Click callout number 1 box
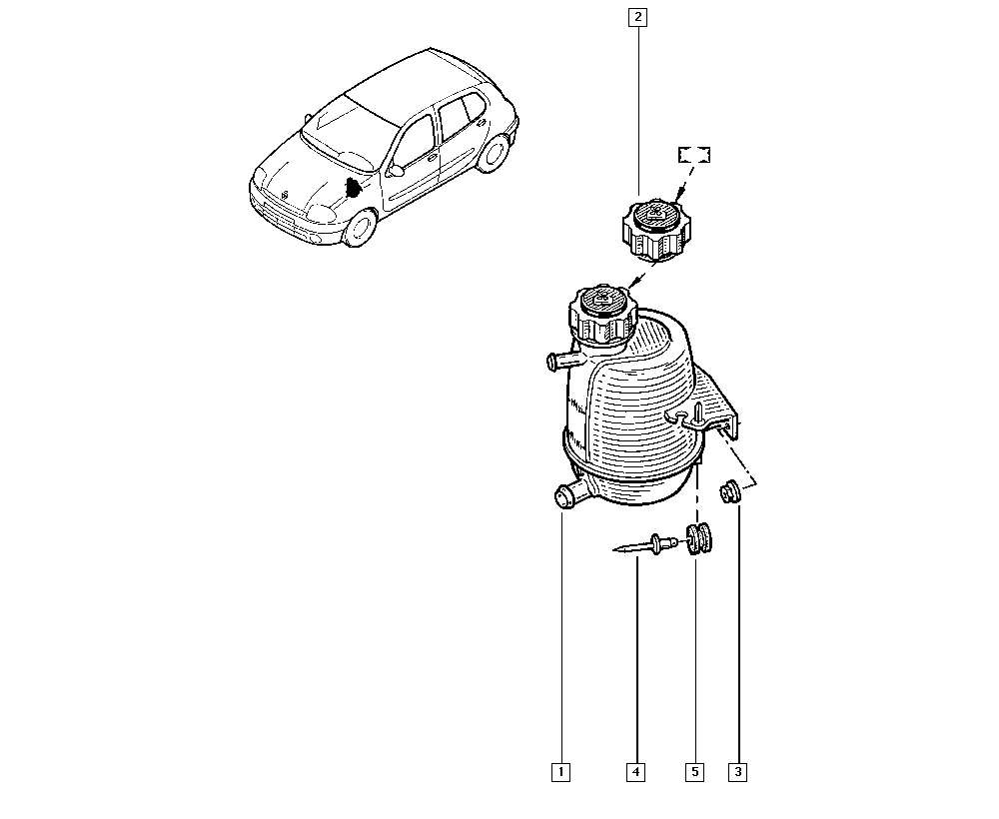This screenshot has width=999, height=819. click(560, 772)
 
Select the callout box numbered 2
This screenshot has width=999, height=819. click(637, 17)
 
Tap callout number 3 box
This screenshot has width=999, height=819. click(738, 772)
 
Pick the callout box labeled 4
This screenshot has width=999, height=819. click(635, 772)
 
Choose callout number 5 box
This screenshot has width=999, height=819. click(695, 772)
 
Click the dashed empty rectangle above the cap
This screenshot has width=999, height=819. click(694, 155)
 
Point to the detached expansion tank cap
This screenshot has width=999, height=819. click(654, 230)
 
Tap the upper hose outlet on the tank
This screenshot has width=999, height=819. click(561, 362)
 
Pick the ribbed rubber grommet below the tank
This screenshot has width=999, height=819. click(699, 538)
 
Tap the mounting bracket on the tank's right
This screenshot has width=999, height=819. click(716, 408)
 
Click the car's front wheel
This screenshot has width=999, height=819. click(360, 229)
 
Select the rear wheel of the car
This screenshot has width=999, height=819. click(495, 153)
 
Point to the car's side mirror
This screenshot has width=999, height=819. click(395, 170)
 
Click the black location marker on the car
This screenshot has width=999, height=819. click(351, 187)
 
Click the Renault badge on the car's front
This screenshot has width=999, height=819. click(284, 194)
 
